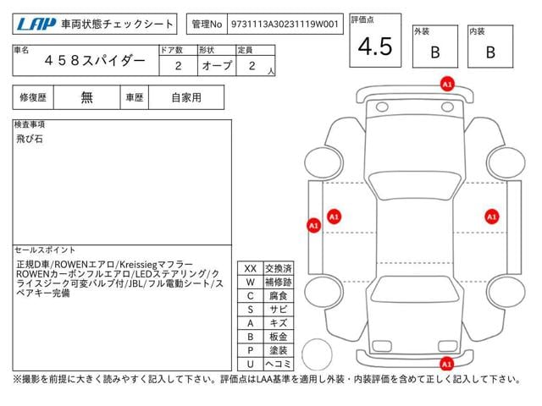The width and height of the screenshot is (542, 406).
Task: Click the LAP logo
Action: tap(36, 25)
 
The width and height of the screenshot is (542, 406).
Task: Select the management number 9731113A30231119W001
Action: tap(285, 25)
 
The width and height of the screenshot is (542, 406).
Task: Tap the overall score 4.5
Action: tap(375, 47)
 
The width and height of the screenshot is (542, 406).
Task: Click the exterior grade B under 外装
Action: tap(435, 52)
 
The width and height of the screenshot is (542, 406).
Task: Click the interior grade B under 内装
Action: tap(490, 52)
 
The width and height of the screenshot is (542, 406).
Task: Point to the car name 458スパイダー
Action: tap(95, 61)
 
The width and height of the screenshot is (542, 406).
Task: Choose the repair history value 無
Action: tap(86, 98)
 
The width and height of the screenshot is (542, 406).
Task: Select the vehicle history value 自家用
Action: tap(186, 98)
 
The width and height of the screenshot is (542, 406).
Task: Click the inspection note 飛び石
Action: tap(30, 139)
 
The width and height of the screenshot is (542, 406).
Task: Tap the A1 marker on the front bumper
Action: tap(447, 85)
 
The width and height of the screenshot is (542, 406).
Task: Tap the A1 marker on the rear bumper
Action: tap(446, 364)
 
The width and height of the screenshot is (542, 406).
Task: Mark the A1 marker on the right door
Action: tap(491, 217)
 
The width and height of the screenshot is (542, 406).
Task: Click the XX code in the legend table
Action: tap(251, 269)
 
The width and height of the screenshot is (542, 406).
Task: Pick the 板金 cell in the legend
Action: tap(279, 337)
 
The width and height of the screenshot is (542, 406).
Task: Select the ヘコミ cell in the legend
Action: tap(279, 364)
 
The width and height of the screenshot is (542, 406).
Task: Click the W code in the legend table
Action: tap(251, 283)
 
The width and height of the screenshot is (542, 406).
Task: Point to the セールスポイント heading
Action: tap(45, 250)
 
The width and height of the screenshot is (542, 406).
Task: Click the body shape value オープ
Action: tap(217, 66)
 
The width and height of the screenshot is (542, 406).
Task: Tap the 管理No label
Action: tap(207, 25)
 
